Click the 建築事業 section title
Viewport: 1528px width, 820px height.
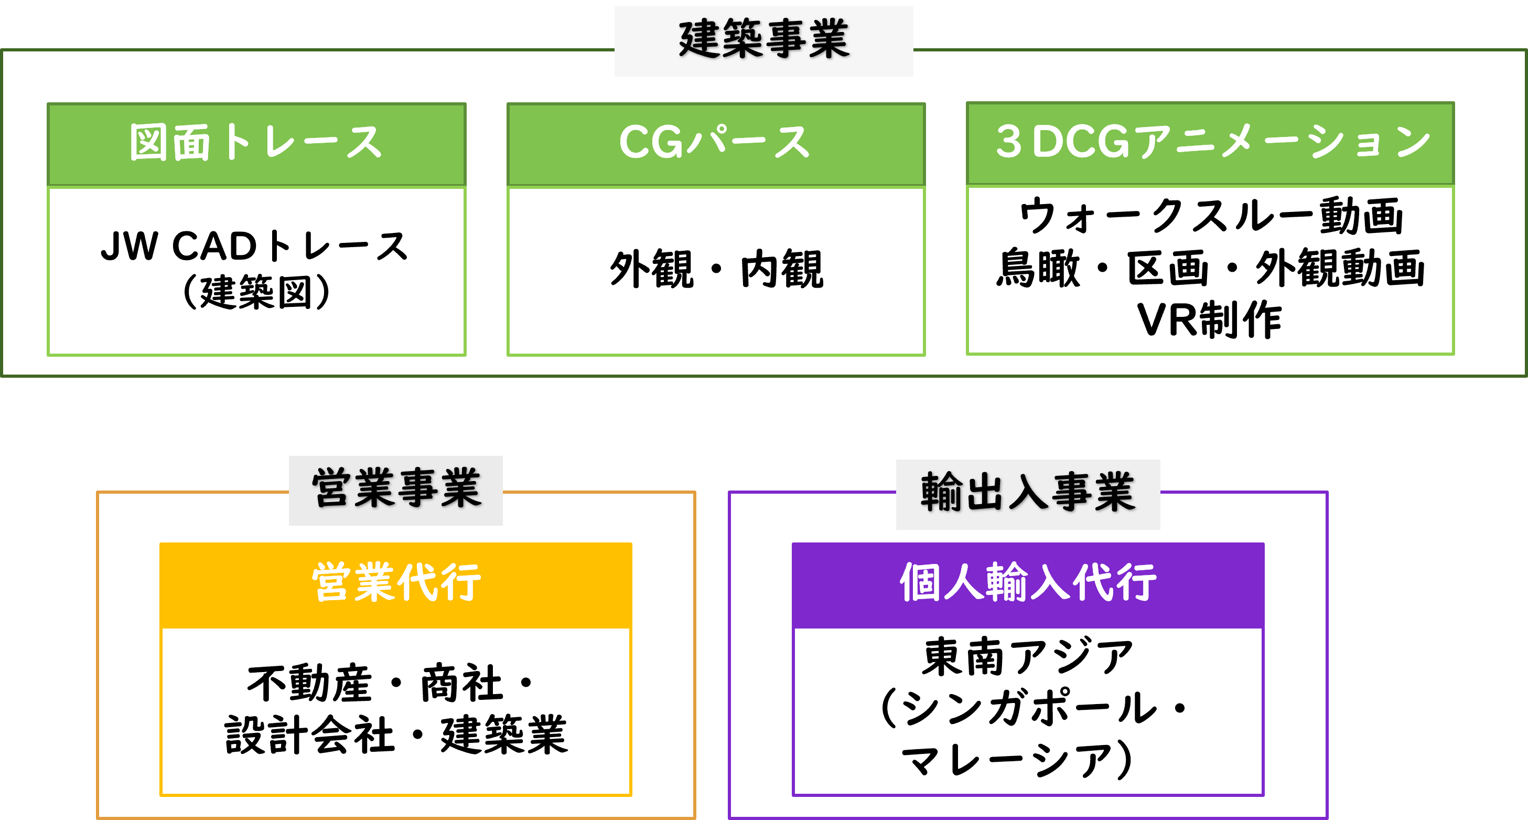tap(763, 40)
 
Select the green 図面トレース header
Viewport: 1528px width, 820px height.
tap(256, 144)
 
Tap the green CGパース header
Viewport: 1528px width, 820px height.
tap(715, 144)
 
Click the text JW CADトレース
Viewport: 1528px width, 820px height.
tap(255, 246)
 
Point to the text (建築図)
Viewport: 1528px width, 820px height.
tap(256, 292)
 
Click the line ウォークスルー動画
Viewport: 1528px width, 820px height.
tap(1210, 216)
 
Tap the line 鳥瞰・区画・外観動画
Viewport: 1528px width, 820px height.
tap(1210, 268)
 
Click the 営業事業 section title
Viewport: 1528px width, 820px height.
tap(396, 489)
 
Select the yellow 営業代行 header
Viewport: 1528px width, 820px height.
tap(396, 583)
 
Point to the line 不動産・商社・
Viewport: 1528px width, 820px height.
tap(392, 684)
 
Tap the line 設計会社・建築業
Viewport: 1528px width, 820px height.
tap(396, 735)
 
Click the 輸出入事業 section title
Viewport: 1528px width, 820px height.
tap(1027, 493)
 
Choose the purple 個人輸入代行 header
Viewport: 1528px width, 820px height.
tap(1027, 583)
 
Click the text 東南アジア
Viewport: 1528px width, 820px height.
tap(1027, 657)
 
